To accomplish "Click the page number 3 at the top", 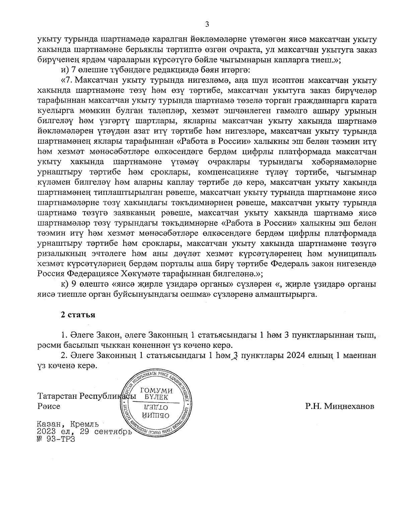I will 207,24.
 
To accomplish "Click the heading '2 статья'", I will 78,315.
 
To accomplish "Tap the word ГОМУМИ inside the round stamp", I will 157,390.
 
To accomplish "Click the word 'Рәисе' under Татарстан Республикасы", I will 49,406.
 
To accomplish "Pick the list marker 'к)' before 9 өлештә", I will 64,285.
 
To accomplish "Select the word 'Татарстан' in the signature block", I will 58,396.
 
